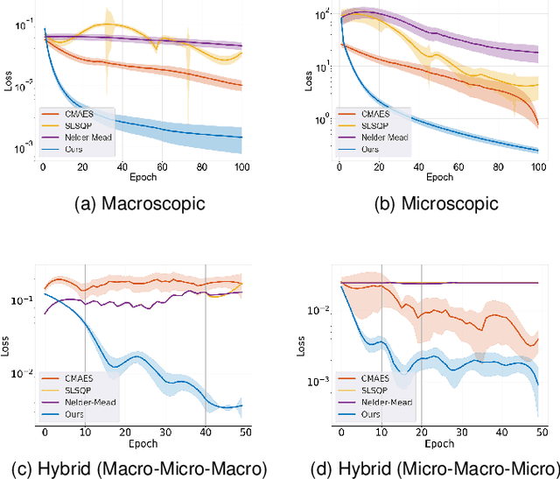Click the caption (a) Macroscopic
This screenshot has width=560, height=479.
pyautogui.click(x=139, y=204)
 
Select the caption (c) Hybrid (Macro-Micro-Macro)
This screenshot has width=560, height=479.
pyautogui.click(x=140, y=465)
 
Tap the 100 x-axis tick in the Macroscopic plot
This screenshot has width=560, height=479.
pyautogui.click(x=241, y=166)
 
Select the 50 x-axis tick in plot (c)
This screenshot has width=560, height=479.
pyautogui.click(x=242, y=432)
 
